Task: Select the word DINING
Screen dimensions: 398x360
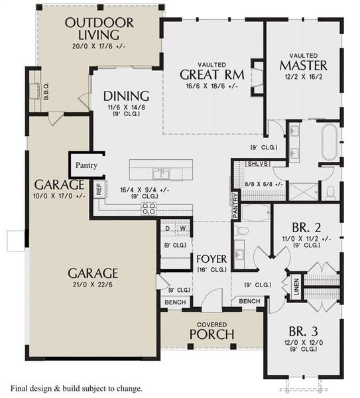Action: tap(126, 96)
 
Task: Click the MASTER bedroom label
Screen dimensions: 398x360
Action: tap(303, 66)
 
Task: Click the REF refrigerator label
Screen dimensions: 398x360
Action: tap(99, 189)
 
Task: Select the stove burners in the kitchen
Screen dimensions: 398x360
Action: tap(149, 208)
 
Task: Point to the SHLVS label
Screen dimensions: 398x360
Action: tap(256, 163)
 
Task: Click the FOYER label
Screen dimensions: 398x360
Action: tap(211, 258)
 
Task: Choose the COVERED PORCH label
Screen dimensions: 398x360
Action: tap(211, 330)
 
